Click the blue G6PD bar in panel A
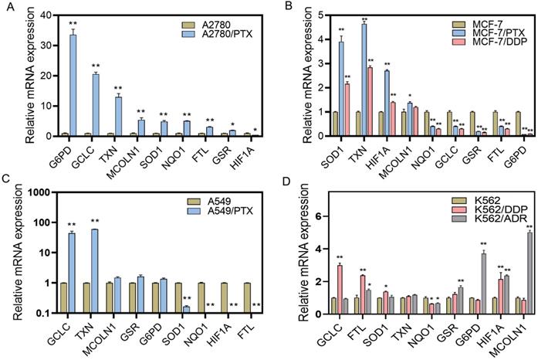click(73, 86)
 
